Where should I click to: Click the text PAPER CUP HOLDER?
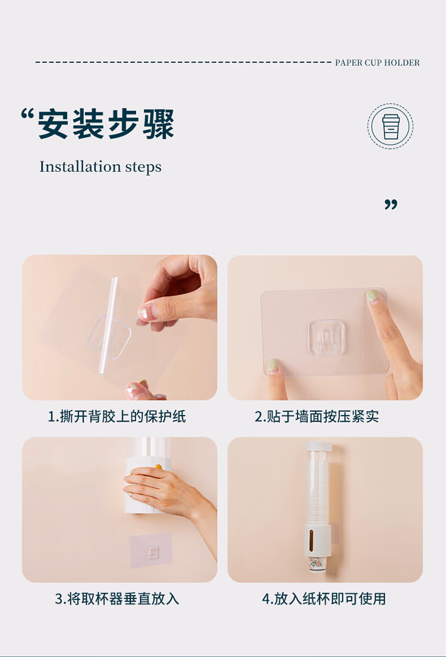point(377,63)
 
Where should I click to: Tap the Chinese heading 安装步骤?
point(106,124)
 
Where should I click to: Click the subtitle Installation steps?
point(100,166)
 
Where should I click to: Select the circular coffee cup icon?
point(390,126)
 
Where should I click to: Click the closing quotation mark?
point(391,205)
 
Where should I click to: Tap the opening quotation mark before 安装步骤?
point(27,114)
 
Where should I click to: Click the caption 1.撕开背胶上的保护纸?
point(117,416)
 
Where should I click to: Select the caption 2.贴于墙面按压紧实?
point(317,416)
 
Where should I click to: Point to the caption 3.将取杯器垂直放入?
point(117,599)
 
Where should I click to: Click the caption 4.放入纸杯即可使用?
point(324,599)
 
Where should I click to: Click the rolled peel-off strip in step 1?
point(108,326)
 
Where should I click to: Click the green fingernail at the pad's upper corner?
point(372,296)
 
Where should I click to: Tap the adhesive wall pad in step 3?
point(151,550)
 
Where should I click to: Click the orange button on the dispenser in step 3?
point(158,466)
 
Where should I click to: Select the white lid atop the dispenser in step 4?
point(319,447)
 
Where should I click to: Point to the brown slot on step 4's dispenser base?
point(310,540)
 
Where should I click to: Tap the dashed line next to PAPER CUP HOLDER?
point(183,62)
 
